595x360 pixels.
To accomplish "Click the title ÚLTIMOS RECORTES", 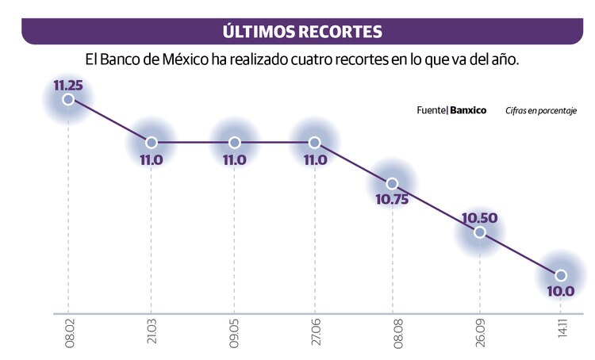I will click(301, 32).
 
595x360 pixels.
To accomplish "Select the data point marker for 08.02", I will click(68, 99).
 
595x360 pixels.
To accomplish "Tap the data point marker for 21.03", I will click(152, 143).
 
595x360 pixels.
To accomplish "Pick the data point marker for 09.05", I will click(235, 143).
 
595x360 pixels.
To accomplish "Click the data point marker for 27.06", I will click(315, 143).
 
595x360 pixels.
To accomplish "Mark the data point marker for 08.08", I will click(392, 183).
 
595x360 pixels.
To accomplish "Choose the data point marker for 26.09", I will click(479, 232).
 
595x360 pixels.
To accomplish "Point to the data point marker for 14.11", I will click(561, 275).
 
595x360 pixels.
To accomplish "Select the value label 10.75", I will click(392, 201).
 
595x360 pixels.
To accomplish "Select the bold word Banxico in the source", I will click(468, 110).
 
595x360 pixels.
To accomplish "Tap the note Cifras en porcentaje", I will click(540, 111).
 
